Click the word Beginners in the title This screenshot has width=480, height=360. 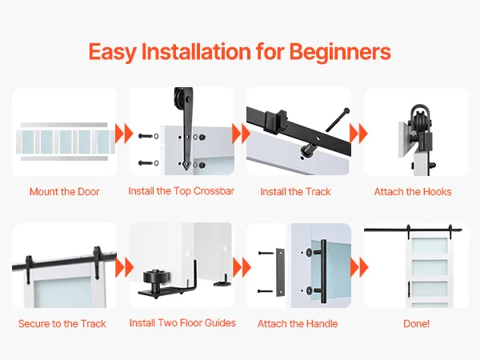(340, 52)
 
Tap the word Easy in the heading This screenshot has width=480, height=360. (112, 52)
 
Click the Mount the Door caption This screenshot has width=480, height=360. (65, 192)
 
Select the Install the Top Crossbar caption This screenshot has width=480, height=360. (182, 191)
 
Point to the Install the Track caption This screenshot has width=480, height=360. (295, 192)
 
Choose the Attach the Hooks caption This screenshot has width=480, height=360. (413, 192)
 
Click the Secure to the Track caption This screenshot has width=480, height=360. (62, 323)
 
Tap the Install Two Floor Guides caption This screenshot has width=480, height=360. (182, 323)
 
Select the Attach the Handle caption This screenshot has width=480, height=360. (298, 323)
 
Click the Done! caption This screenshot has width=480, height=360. (416, 323)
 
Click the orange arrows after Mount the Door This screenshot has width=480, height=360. (124, 134)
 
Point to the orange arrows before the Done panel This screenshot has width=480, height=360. (358, 267)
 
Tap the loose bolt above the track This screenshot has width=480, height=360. (338, 119)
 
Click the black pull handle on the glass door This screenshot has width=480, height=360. (323, 271)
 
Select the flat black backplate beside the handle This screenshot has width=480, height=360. (280, 272)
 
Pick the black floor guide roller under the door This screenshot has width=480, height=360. (156, 278)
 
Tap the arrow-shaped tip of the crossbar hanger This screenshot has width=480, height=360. (186, 166)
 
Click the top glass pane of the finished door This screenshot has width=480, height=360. (429, 246)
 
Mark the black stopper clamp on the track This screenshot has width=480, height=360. (275, 121)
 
